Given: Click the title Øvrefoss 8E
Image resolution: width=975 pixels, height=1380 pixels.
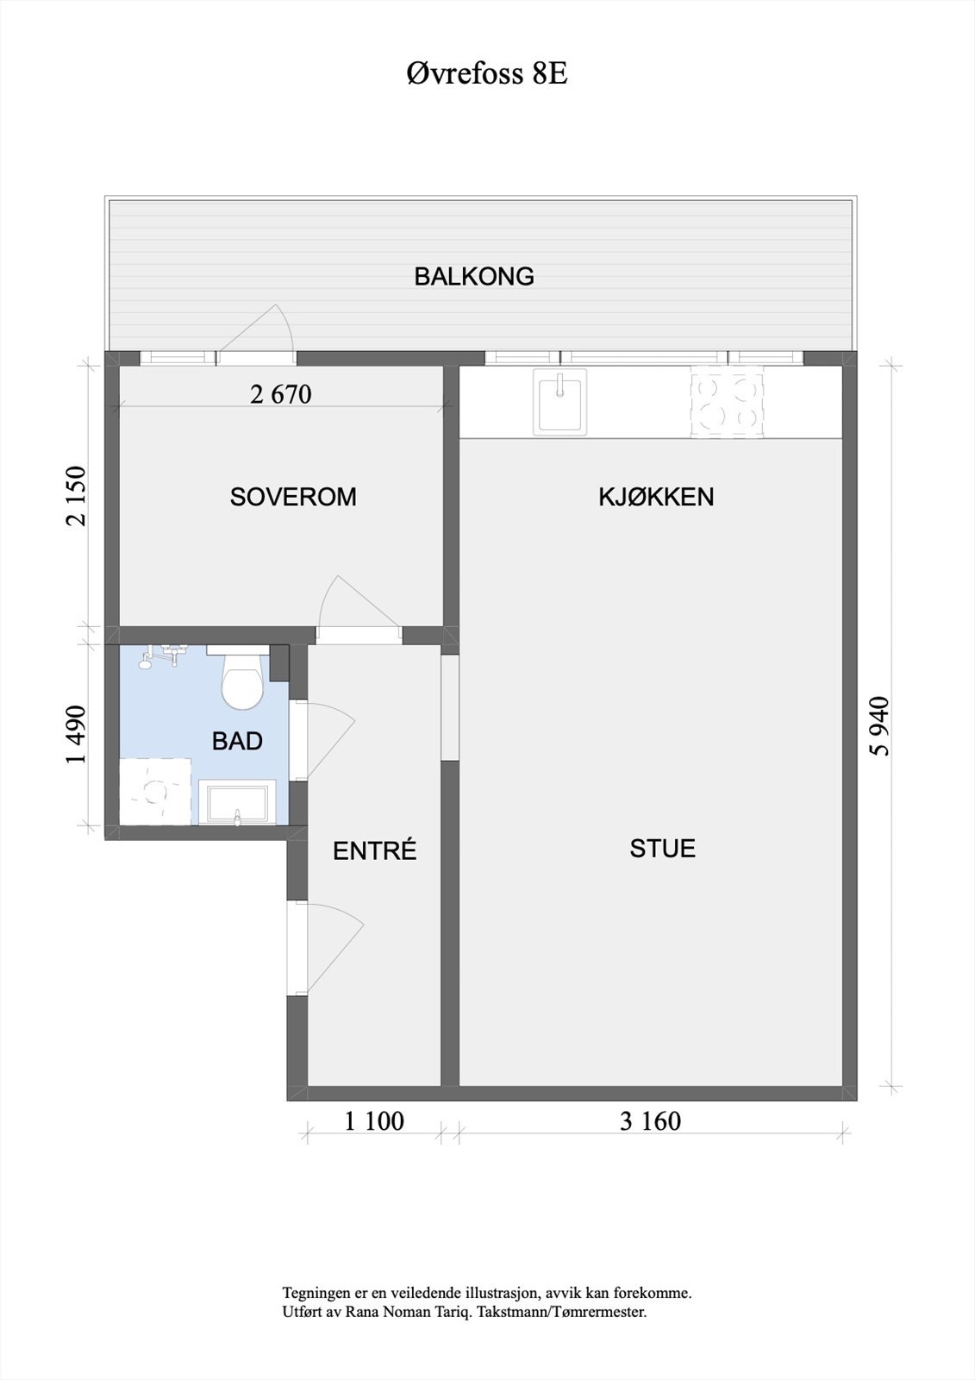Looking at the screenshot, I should pos(487,74).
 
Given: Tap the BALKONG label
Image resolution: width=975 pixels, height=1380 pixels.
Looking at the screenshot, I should pos(474,277).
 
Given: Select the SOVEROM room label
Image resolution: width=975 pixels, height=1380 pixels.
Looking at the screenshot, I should pos(293,497).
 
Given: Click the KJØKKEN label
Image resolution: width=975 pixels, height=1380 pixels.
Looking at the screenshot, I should pos(656,497).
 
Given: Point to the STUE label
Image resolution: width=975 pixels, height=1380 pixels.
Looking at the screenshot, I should pos(662,849).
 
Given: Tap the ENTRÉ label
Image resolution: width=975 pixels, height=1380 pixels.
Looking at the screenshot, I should pos(375,851).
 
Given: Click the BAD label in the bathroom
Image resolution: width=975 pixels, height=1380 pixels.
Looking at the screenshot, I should pos(237,741).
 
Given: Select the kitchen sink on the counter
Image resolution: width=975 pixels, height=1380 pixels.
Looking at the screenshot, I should pos(560,401).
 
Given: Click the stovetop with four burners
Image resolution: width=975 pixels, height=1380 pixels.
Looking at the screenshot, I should pos(727,402).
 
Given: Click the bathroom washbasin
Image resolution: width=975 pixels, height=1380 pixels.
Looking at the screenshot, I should pos(237,802).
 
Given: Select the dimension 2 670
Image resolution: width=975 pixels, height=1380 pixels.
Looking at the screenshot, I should pos(280,395).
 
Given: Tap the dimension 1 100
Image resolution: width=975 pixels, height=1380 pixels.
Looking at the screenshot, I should pos(374,1121).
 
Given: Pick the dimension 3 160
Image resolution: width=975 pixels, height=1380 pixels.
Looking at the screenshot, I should pos(650,1121).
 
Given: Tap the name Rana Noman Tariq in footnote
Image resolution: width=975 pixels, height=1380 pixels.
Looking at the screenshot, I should pos(398,1313).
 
